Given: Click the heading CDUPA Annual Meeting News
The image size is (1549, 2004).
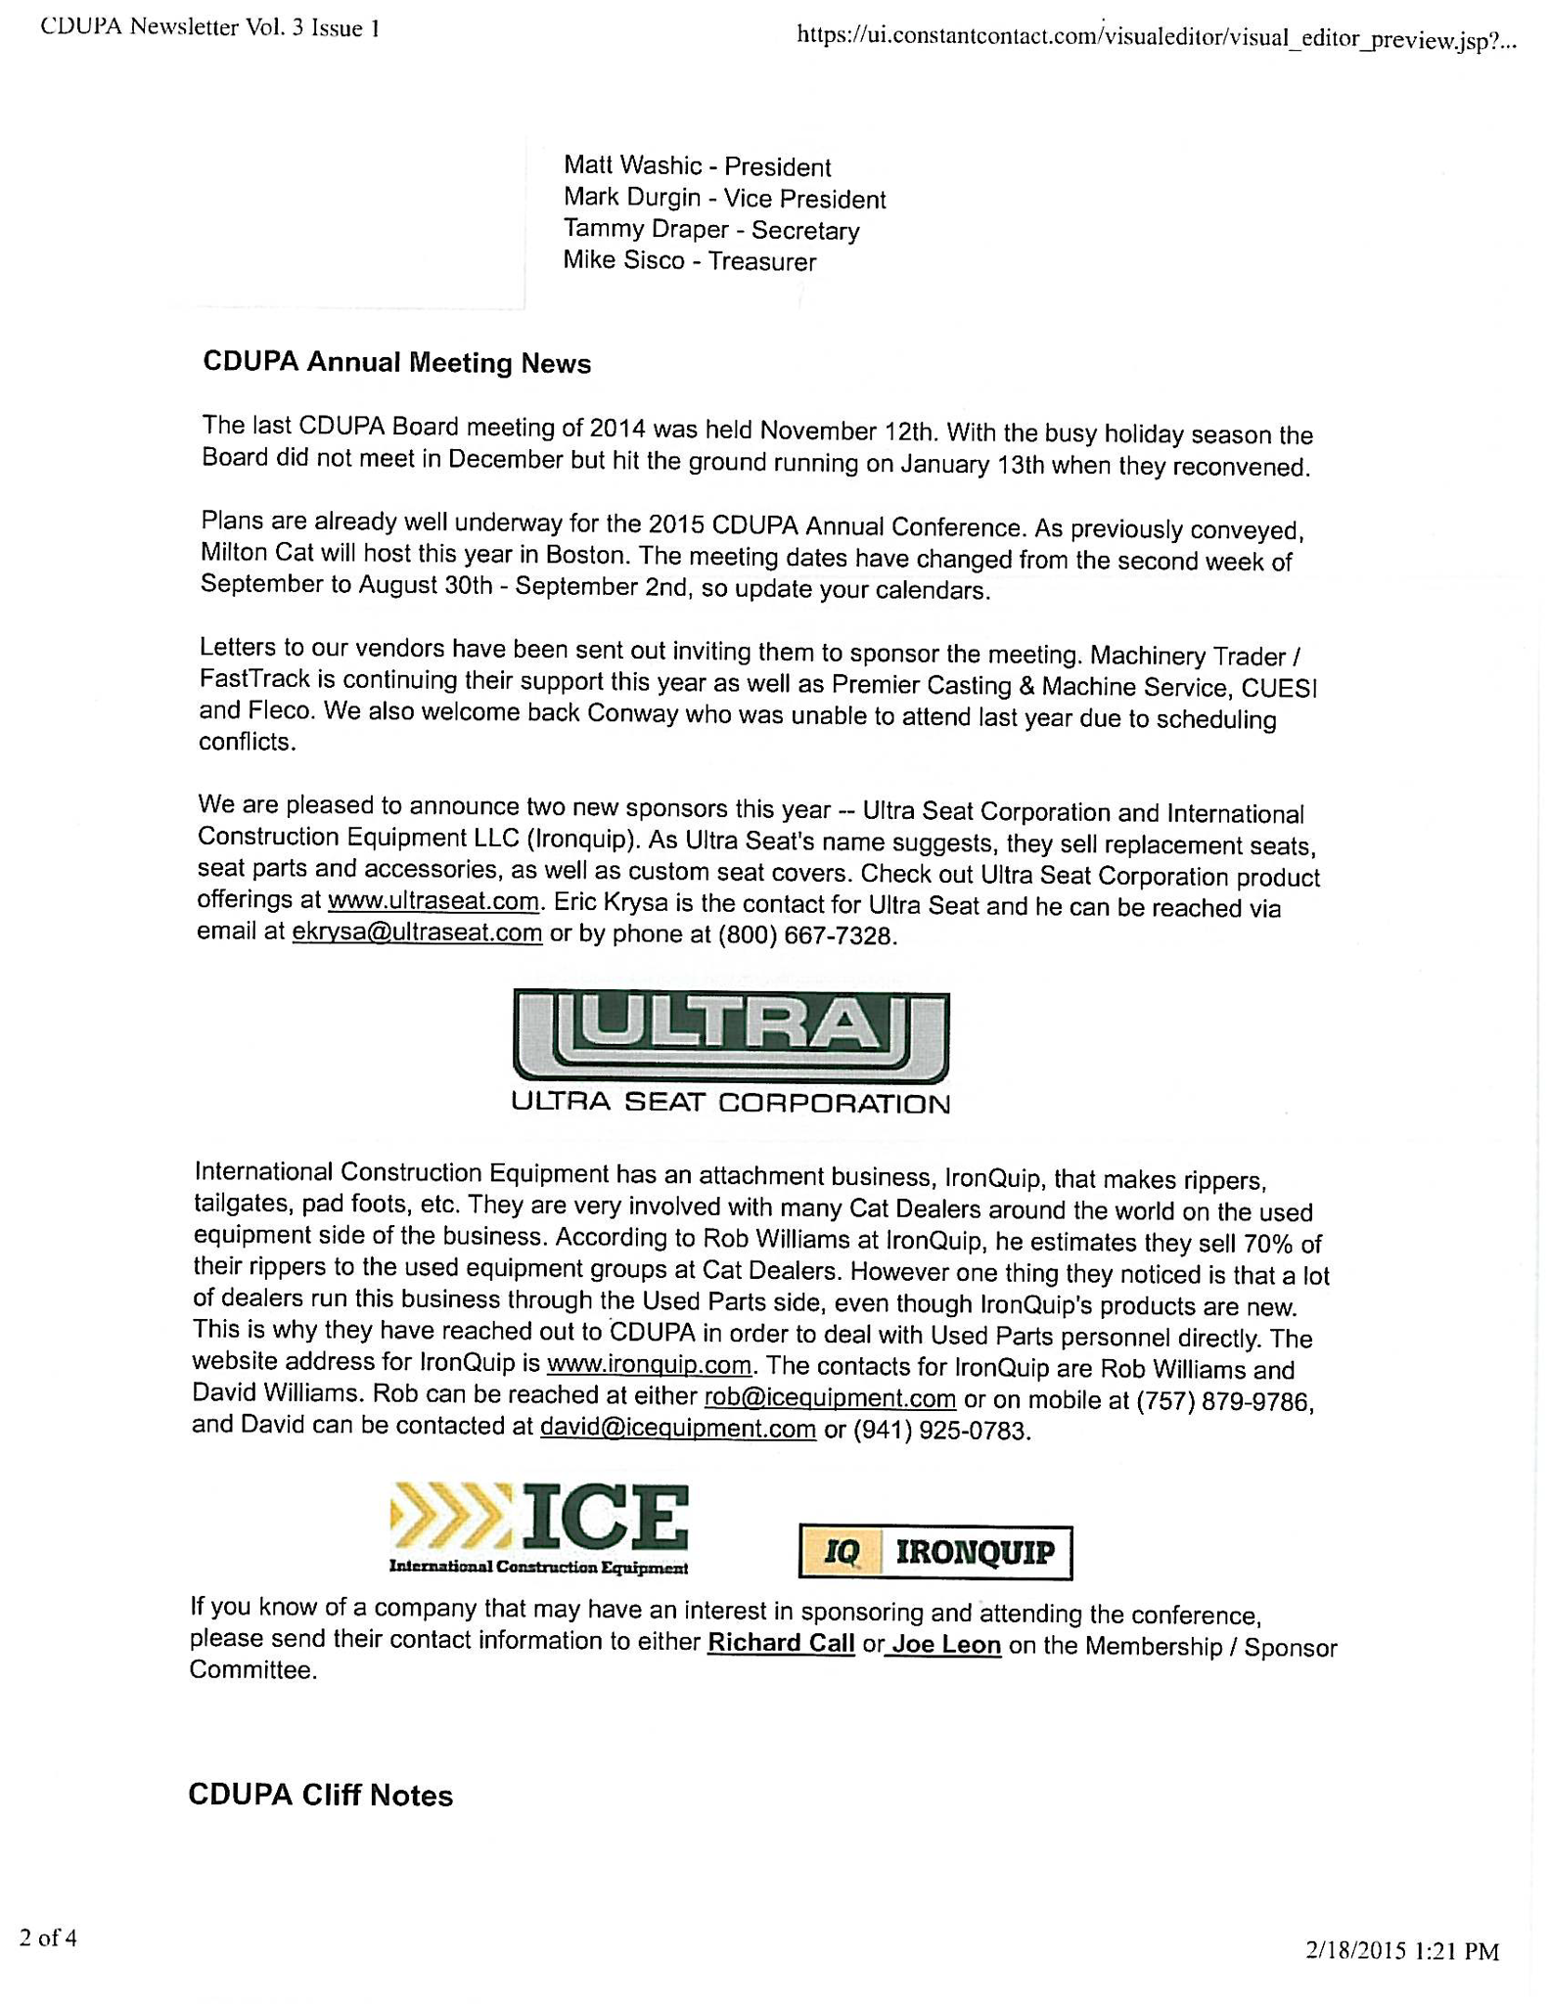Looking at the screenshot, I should coord(396,363).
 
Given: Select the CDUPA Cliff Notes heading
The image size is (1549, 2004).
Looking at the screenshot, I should coord(320,1796).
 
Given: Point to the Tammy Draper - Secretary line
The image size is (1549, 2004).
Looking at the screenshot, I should coord(711,230).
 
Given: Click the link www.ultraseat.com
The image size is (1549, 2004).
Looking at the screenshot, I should coord(433,900).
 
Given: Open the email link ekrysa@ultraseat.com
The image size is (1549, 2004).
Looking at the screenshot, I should coord(417,933).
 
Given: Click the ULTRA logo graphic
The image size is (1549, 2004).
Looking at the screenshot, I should coord(730,1036).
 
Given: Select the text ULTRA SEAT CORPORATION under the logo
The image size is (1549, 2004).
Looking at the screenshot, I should coord(730,1104).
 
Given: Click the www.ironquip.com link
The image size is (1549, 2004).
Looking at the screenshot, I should coord(649,1364).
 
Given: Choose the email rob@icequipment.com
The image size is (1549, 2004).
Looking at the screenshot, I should coord(830,1397).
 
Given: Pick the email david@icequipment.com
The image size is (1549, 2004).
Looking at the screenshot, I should coord(677,1429).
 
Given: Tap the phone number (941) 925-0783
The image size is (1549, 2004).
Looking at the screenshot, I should coord(941,1431).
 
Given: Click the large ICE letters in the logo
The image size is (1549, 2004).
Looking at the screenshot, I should coord(607,1517).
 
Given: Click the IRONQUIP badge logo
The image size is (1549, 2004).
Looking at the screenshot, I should coord(934,1552).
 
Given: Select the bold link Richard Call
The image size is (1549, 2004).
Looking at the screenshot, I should coord(781,1643).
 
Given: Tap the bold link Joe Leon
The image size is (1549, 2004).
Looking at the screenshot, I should coord(945,1645).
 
